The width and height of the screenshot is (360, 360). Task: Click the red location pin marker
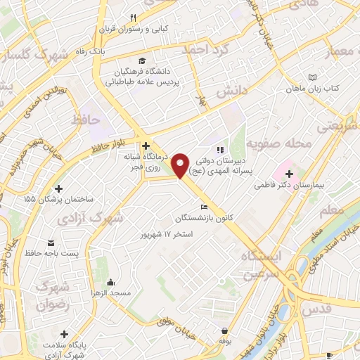pos(181,164)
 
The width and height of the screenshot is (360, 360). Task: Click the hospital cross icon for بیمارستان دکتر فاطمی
pos(289,173)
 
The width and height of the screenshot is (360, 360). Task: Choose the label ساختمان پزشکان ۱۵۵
pos(58,199)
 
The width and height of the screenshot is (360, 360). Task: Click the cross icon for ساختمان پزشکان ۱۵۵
pos(58,188)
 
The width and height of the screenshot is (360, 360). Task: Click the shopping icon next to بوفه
pos(224,330)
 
